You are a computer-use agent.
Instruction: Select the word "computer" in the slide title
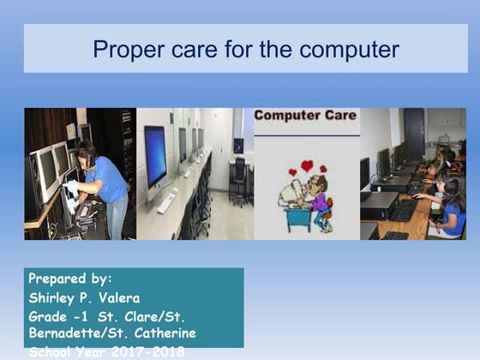(351, 49)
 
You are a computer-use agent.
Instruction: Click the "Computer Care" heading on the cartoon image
(305, 114)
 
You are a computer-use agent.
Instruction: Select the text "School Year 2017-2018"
(106, 351)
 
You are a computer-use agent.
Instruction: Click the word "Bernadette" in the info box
(70, 333)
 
